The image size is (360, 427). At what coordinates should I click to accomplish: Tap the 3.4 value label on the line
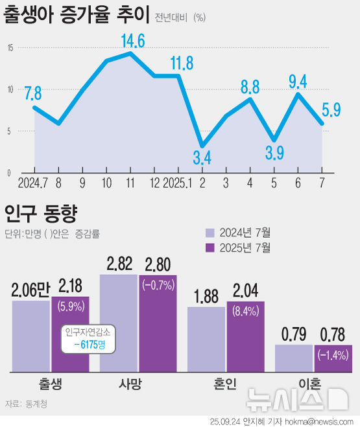tap(202, 158)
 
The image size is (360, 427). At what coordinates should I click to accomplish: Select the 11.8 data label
tap(182, 63)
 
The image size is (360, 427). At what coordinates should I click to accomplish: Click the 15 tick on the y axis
tap(10, 48)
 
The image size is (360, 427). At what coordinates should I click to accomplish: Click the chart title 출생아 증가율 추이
tap(77, 16)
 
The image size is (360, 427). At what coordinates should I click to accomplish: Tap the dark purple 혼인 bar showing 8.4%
tap(246, 337)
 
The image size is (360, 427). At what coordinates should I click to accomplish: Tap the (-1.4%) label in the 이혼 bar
tap(333, 354)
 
